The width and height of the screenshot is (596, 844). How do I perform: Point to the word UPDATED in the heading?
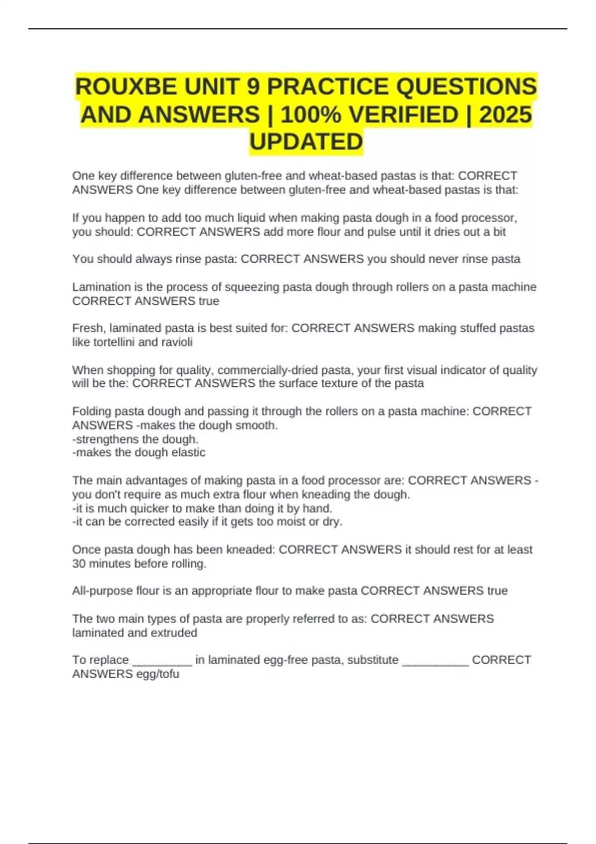click(x=306, y=142)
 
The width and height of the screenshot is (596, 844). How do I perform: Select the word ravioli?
click(x=176, y=342)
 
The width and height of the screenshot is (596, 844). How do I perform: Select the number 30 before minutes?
click(x=79, y=564)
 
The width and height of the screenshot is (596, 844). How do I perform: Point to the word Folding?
click(x=91, y=412)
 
